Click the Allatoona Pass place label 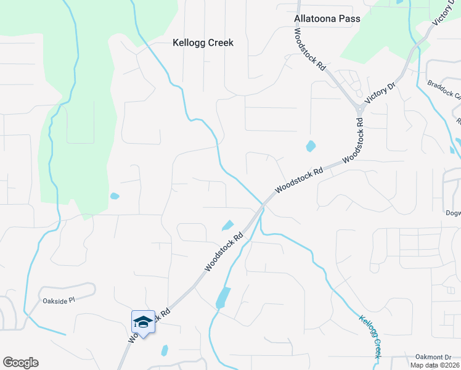[327, 19]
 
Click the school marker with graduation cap [143, 321]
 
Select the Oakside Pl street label [59, 300]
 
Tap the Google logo [20, 363]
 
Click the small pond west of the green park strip [114, 197]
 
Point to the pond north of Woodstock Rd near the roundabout [311, 147]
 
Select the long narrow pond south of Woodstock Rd [222, 298]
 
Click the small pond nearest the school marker [165, 350]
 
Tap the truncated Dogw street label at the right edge [452, 213]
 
